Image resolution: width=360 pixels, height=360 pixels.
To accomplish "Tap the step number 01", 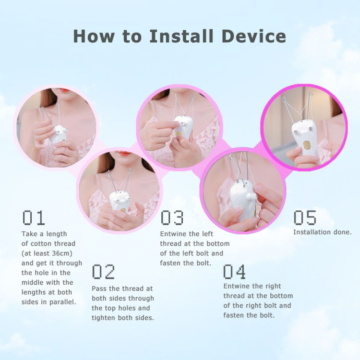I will coord(34,218).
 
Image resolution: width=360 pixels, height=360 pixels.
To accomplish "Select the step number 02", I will coord(103,272).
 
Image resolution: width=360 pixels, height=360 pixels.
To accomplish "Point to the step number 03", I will coord(172,218).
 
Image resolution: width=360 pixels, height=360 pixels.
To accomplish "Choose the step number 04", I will coord(234,272).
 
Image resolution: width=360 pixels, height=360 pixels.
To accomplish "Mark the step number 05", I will coord(305,218).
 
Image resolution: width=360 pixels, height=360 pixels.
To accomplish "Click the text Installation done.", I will coord(322,232).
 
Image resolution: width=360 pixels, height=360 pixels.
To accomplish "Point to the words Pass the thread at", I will coord(122,288).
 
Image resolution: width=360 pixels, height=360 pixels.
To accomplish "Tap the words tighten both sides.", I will coord(122,318).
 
